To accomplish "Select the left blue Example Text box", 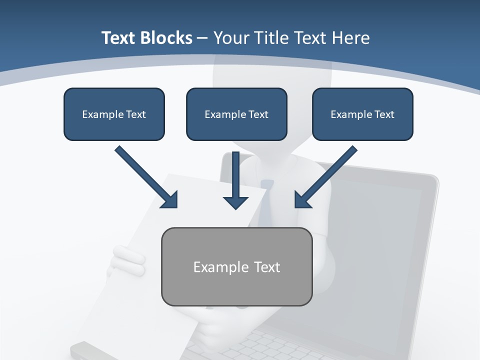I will tap(114, 114).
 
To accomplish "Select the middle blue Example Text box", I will tap(236, 114).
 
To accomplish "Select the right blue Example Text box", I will tap(362, 114).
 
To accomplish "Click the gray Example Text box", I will tap(236, 266).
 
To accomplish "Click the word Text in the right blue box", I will tap(384, 114).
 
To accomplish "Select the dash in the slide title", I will tap(202, 38).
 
